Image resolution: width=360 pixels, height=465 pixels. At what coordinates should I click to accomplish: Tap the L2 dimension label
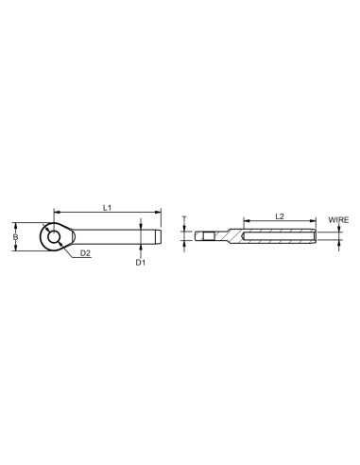tap(280, 216)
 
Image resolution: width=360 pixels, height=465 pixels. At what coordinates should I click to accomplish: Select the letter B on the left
tap(15, 236)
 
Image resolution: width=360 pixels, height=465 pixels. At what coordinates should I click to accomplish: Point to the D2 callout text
tap(85, 253)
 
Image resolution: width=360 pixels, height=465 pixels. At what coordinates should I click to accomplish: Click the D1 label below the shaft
tap(140, 262)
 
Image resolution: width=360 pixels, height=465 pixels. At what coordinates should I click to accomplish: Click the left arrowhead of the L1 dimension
tap(56, 211)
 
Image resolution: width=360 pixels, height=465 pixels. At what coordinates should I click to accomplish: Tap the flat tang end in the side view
tap(205, 235)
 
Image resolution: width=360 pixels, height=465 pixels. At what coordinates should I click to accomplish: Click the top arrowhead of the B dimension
tap(15, 224)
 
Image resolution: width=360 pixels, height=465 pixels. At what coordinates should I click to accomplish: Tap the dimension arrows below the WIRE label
tap(337, 235)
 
